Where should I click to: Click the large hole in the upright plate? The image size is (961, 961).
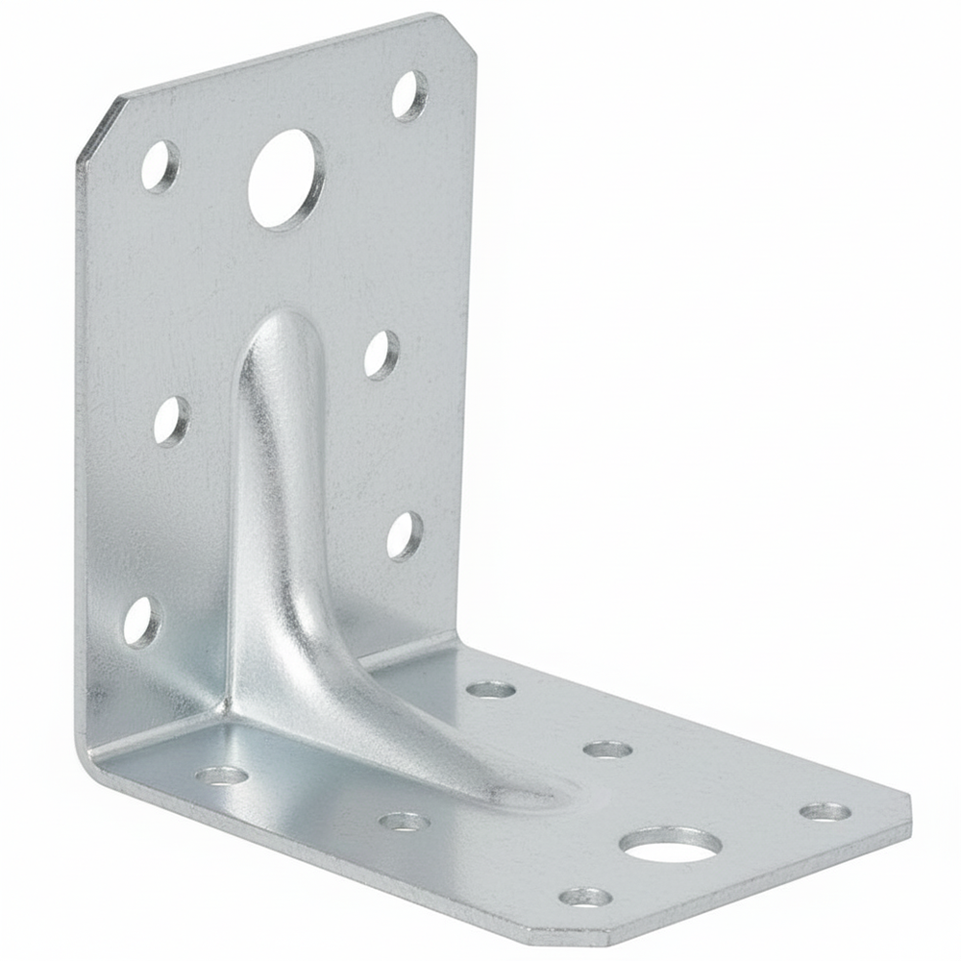tap(285, 180)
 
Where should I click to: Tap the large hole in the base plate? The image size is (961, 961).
tap(670, 845)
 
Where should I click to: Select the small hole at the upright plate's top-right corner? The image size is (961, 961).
tap(410, 95)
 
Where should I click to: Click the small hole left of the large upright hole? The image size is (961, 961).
tap(160, 165)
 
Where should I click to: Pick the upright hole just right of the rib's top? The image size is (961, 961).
tap(382, 354)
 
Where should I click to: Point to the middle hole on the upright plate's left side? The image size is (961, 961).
tap(171, 421)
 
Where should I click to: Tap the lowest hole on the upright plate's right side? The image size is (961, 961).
tap(405, 535)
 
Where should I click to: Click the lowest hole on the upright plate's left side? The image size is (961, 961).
tap(142, 622)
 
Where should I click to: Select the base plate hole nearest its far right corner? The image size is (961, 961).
tap(825, 812)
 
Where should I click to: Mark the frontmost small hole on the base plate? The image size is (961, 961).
tap(585, 897)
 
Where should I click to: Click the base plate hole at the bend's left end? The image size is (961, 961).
tap(221, 775)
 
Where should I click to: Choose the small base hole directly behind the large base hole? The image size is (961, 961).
tap(607, 749)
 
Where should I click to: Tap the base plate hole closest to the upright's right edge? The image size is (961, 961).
tap(491, 689)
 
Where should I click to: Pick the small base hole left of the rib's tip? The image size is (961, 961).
tap(404, 821)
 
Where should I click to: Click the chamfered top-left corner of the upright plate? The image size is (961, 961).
tap(96, 130)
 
